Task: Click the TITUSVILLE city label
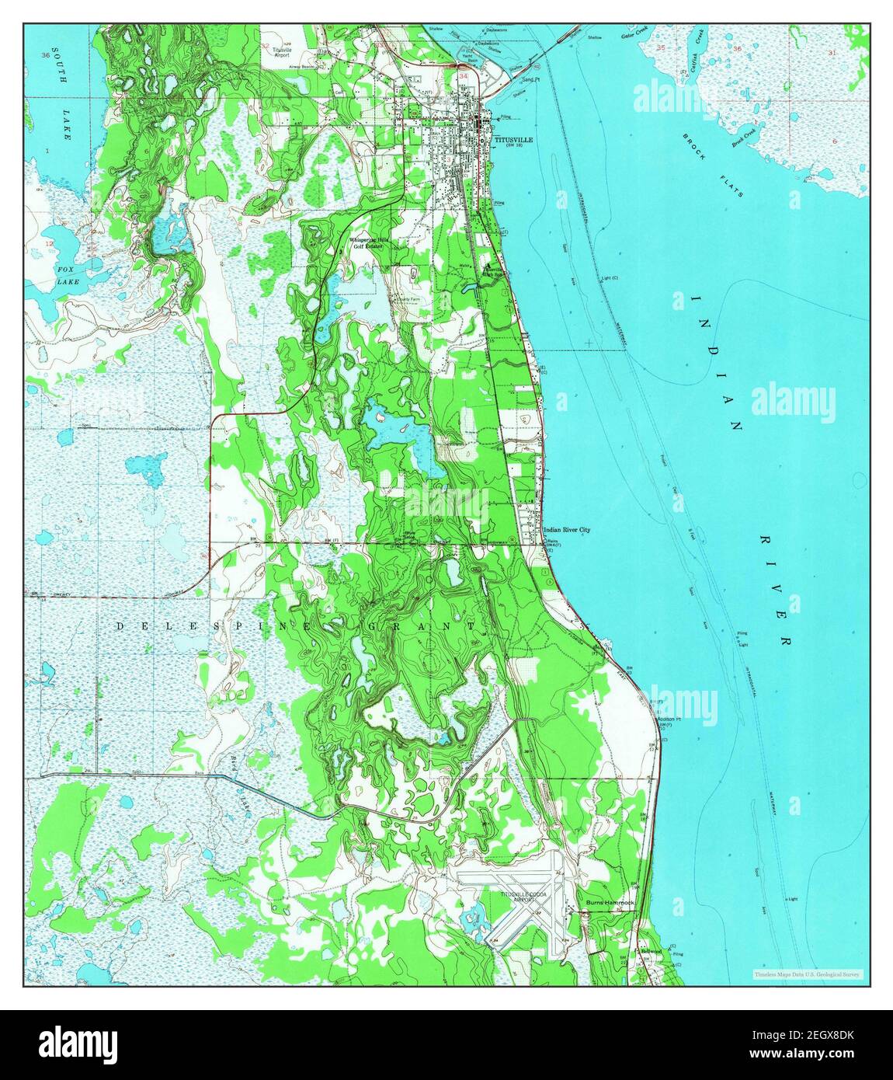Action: [513, 141]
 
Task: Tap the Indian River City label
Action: [567, 530]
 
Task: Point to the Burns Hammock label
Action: [610, 903]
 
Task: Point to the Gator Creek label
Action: [634, 35]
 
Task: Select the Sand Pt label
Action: [530, 79]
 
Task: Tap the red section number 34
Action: [464, 77]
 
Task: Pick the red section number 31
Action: [832, 53]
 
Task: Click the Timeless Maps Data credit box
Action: [808, 974]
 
